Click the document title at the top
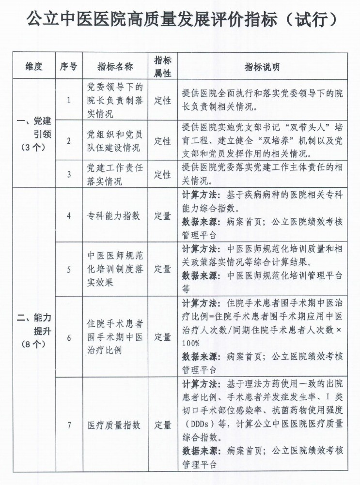click(180, 20)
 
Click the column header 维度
click(34, 66)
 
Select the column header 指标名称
click(115, 66)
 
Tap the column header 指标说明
click(262, 67)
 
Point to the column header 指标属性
click(163, 66)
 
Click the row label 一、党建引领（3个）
click(34, 134)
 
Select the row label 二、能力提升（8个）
click(34, 331)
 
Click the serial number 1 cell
click(68, 101)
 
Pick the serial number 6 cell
click(68, 337)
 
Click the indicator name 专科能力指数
click(114, 215)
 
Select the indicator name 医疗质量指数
click(114, 425)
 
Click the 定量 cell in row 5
click(163, 269)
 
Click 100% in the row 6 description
click(191, 343)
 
